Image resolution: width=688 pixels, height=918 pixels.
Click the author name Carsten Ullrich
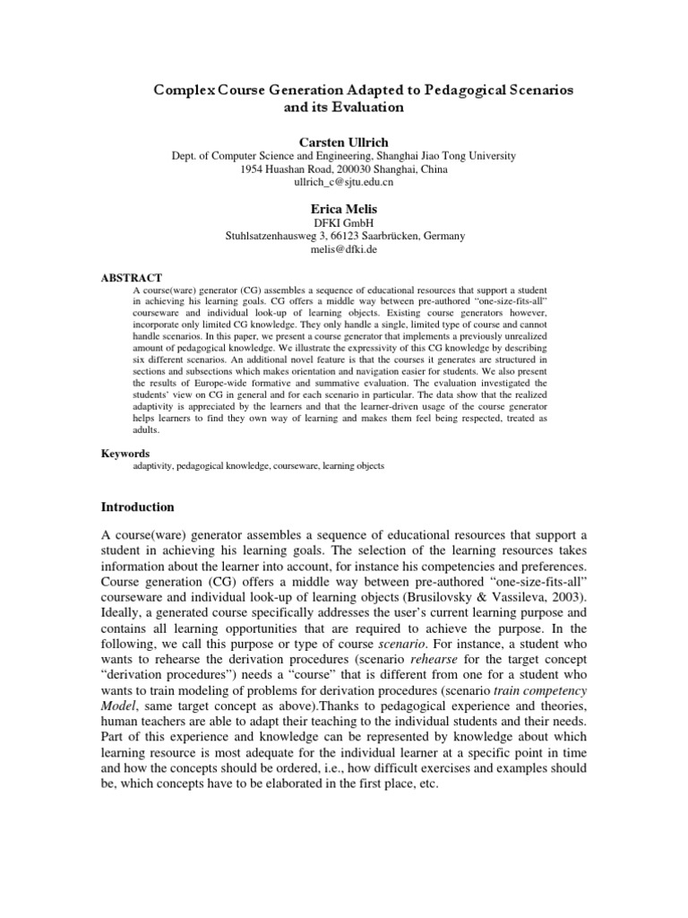click(344, 141)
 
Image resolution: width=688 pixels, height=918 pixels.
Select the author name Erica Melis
click(344, 207)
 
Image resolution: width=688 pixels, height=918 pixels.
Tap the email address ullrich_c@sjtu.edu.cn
click(344, 182)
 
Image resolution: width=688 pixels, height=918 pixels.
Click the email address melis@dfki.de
click(344, 249)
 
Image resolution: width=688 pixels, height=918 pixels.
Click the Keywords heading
click(125, 454)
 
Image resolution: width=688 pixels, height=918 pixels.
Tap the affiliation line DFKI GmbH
click(344, 222)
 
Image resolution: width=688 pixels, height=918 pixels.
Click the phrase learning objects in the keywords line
click(357, 466)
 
